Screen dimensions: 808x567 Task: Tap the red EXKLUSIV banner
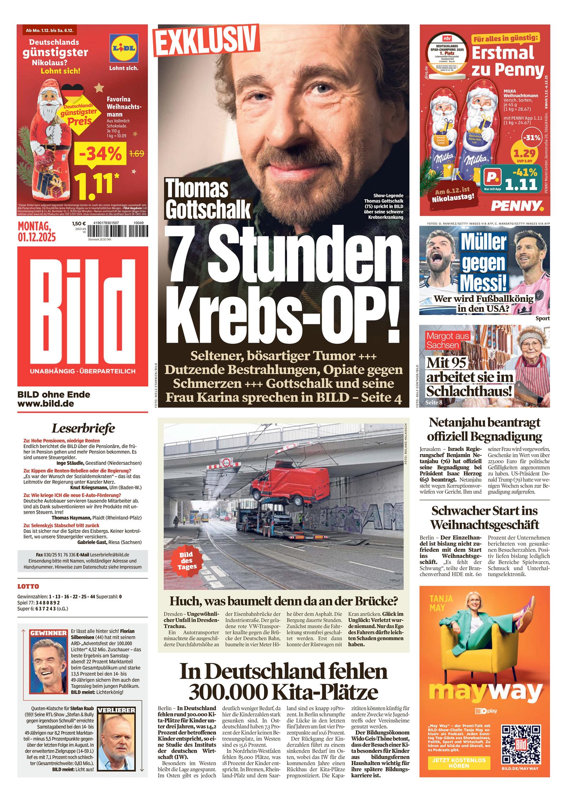click(206, 41)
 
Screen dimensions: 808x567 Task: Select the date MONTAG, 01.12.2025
click(37, 231)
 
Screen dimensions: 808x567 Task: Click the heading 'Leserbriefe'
click(83, 428)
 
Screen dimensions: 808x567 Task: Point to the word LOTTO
click(28, 587)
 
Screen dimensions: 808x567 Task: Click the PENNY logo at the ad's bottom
click(519, 205)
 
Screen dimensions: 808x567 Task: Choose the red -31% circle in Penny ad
click(532, 138)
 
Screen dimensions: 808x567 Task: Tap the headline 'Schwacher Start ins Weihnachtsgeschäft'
click(484, 517)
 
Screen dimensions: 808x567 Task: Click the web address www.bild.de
click(46, 403)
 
